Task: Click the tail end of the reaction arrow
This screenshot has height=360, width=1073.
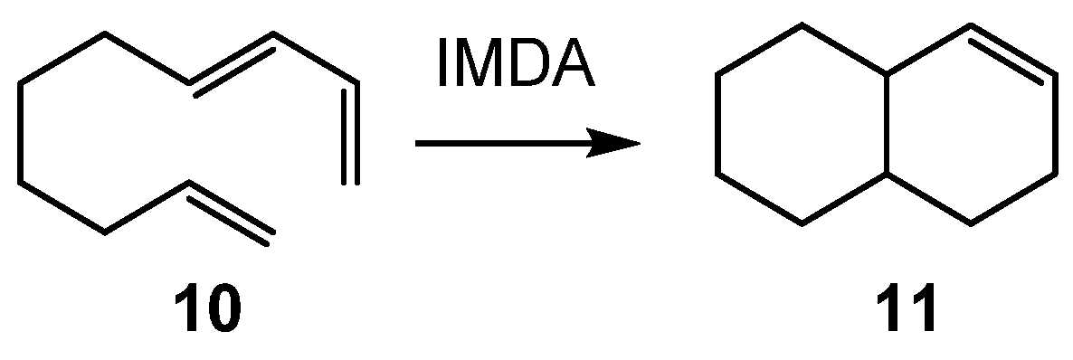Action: tap(418, 143)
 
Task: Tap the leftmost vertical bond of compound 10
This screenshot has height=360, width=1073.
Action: tap(20, 133)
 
